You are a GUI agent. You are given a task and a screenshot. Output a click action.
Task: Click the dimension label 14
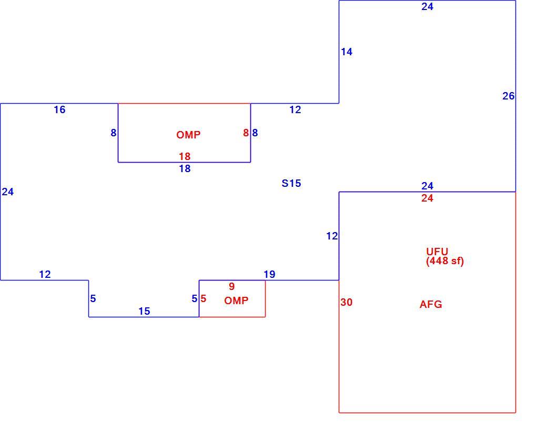pyautogui.click(x=347, y=52)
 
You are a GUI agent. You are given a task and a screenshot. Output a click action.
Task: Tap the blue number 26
pyautogui.click(x=508, y=96)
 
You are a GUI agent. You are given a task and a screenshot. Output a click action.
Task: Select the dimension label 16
pyautogui.click(x=59, y=109)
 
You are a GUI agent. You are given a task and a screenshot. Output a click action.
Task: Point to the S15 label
pyautogui.click(x=291, y=183)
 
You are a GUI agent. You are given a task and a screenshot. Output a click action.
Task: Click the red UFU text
pyautogui.click(x=437, y=252)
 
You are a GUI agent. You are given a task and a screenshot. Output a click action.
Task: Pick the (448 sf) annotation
pyautogui.click(x=445, y=261)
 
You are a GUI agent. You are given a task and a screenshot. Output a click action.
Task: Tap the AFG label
pyautogui.click(x=431, y=305)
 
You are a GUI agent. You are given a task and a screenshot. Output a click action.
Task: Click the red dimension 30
pyautogui.click(x=347, y=303)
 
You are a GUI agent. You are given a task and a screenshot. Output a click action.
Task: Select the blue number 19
pyautogui.click(x=269, y=275)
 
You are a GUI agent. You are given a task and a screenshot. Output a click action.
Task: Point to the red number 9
pyautogui.click(x=231, y=286)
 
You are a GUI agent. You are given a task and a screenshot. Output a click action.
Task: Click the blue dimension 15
pyautogui.click(x=144, y=311)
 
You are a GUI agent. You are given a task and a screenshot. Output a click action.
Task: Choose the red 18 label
pyautogui.click(x=185, y=156)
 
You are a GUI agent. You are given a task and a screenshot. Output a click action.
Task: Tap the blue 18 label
pyautogui.click(x=185, y=168)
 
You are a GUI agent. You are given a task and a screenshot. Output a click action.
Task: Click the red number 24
pyautogui.click(x=427, y=198)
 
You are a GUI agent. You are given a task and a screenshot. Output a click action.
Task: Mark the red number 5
pyautogui.click(x=204, y=299)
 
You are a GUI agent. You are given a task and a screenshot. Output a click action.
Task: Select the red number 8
pyautogui.click(x=246, y=133)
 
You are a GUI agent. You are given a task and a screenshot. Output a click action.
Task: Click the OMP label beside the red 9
pyautogui.click(x=236, y=300)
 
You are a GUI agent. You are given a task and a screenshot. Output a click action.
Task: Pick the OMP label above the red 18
pyautogui.click(x=188, y=135)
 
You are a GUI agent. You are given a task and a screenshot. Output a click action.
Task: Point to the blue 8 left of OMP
pyautogui.click(x=114, y=133)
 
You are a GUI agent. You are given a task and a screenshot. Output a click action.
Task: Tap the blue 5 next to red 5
pyautogui.click(x=195, y=299)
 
